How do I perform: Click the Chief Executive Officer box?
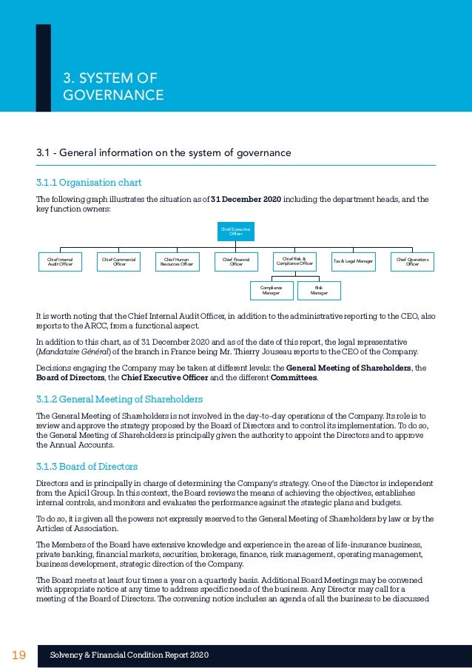point(235,232)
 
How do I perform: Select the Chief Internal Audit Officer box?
point(60,261)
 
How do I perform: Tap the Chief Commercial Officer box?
point(119,261)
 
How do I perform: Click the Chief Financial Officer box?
point(236,261)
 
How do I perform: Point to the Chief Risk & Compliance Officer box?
point(294,261)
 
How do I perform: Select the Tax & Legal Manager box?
point(353,261)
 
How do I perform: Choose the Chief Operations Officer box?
point(412,261)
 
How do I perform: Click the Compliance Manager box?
point(271,290)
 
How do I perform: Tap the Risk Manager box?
point(319,290)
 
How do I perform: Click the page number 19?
point(19,655)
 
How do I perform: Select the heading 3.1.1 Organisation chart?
point(89,182)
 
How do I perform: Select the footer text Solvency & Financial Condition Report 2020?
point(129,655)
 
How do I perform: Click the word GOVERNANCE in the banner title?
point(113,95)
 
